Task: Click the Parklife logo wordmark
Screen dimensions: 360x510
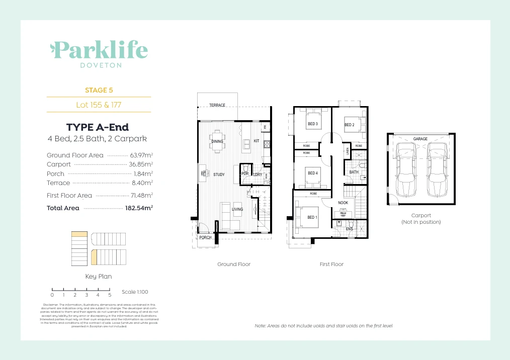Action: pos(99,50)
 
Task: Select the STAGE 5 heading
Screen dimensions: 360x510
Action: pos(99,91)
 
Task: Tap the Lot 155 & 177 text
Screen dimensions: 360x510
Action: pos(99,105)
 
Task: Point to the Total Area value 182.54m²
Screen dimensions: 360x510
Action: pos(139,208)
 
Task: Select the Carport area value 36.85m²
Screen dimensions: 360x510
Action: pos(141,164)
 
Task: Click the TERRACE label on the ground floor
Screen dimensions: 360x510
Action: pos(217,105)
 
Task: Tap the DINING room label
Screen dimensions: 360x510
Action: pos(217,142)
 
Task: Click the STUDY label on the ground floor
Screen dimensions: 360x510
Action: pos(219,175)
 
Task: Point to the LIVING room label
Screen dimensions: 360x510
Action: pos(237,209)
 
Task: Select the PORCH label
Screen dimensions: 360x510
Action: pos(205,237)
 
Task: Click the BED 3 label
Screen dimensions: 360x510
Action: pos(312,124)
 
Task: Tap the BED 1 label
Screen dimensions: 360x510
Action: pos(312,217)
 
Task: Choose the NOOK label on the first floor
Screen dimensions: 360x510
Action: pos(343,203)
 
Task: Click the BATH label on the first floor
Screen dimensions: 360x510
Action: pos(354,172)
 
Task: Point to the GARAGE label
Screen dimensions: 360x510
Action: pos(420,139)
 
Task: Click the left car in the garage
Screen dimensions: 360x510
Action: pos(406,169)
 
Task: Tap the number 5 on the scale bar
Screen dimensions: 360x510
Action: pos(110,295)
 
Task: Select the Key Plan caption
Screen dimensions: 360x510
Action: pos(99,277)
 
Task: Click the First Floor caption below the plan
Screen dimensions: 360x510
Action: pos(331,264)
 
